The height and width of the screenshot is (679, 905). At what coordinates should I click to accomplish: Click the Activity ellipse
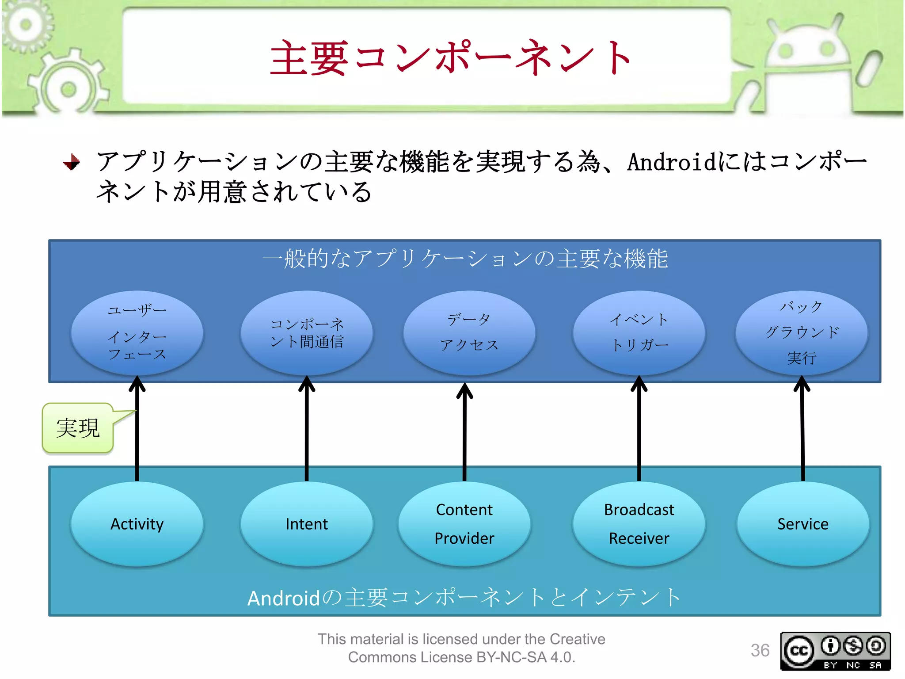pyautogui.click(x=137, y=524)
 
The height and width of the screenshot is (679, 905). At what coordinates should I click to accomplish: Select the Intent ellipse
pyautogui.click(x=307, y=524)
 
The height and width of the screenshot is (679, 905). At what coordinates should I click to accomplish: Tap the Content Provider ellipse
pyautogui.click(x=464, y=524)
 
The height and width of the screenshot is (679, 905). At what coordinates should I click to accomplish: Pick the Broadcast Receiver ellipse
pyautogui.click(x=639, y=524)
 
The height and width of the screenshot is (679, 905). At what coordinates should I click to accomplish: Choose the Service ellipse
pyautogui.click(x=803, y=524)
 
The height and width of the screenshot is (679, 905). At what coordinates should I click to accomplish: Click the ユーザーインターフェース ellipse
pyautogui.click(x=137, y=332)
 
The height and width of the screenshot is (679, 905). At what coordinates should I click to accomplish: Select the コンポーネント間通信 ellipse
pyautogui.click(x=307, y=332)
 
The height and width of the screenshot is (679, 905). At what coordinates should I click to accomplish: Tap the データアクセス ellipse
pyautogui.click(x=469, y=332)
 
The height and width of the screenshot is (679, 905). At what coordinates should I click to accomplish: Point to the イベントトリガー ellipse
pyautogui.click(x=639, y=332)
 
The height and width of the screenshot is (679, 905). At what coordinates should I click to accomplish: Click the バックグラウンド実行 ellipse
pyautogui.click(x=802, y=332)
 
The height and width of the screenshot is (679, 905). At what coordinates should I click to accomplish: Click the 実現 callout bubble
pyautogui.click(x=78, y=428)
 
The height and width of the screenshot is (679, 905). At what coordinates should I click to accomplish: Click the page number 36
pyautogui.click(x=760, y=650)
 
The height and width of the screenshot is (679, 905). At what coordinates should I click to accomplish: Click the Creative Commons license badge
pyautogui.click(x=835, y=651)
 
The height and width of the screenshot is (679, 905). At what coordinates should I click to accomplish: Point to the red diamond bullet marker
pyautogui.click(x=71, y=162)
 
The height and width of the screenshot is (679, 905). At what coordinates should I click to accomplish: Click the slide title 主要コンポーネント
pyautogui.click(x=451, y=57)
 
